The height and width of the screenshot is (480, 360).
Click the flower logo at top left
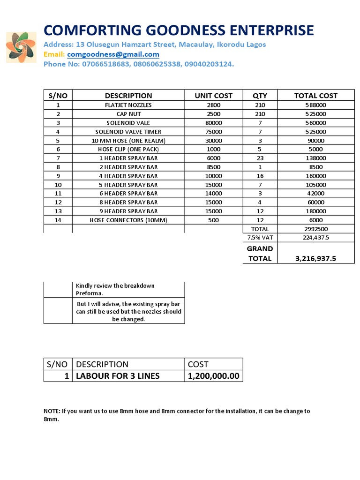click(x=21, y=47)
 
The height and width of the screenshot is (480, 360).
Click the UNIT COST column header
click(x=213, y=96)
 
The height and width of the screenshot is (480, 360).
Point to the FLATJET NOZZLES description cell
click(x=128, y=105)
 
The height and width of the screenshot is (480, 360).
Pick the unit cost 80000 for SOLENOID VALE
click(x=213, y=123)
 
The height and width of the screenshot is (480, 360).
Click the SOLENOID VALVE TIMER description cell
click(x=128, y=132)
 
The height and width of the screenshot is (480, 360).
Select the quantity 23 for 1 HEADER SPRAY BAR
click(x=260, y=158)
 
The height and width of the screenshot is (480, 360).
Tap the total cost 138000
click(x=315, y=158)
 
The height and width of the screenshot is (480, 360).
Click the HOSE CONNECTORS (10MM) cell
click(x=128, y=220)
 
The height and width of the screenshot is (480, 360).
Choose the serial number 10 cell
click(x=58, y=185)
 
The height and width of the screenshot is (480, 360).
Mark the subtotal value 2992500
click(x=315, y=229)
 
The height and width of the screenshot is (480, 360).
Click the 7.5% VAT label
click(x=260, y=238)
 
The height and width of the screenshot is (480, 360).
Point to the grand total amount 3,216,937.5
click(x=315, y=258)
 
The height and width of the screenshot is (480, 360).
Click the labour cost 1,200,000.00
click(x=213, y=376)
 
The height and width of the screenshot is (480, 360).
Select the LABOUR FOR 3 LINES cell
click(x=118, y=376)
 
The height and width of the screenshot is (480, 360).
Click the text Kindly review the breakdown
click(x=115, y=285)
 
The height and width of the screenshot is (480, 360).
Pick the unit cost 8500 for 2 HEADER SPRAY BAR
click(x=213, y=167)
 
